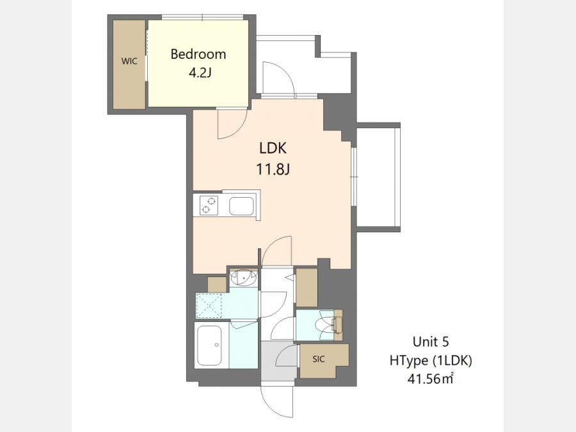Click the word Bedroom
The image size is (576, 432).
click(x=198, y=54)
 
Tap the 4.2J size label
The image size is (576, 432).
click(x=200, y=73)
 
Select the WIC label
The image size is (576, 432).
click(x=129, y=61)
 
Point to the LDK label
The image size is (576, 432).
click(x=273, y=148)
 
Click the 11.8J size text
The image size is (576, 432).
click(x=273, y=170)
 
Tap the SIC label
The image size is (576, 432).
click(x=319, y=359)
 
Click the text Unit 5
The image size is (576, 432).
click(x=431, y=342)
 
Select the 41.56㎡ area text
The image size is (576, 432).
click(x=430, y=378)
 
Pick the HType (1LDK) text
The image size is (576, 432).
click(x=431, y=360)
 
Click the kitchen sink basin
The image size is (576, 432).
click(x=241, y=206)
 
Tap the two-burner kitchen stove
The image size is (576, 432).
click(x=209, y=205)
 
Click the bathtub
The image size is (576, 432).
click(x=209, y=345)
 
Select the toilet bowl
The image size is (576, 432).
click(x=326, y=324)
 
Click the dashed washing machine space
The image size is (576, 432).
click(x=209, y=306)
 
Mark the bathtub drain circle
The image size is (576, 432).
click(x=217, y=345)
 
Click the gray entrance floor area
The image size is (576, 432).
click(x=278, y=361)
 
